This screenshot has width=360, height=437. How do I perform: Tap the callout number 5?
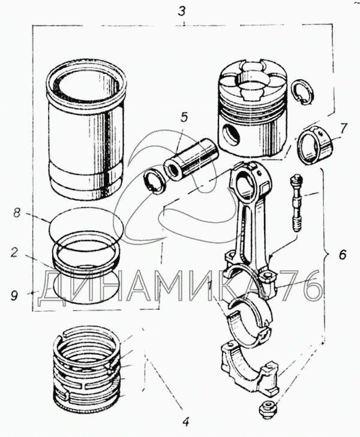pyautogui.click(x=184, y=117)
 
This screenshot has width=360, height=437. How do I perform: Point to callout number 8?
pyautogui.click(x=17, y=212)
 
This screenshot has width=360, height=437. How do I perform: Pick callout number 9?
pyautogui.click(x=14, y=294)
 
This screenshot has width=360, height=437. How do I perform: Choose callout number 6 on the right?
pyautogui.click(x=341, y=255)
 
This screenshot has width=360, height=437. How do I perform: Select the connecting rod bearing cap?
pyautogui.click(x=250, y=366)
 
